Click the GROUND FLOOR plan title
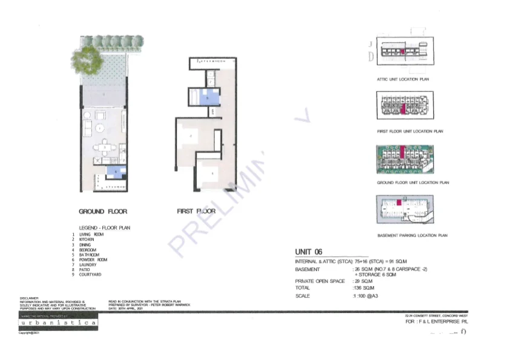tap(103, 211)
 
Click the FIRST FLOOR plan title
tap(196, 211)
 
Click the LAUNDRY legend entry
tap(88, 265)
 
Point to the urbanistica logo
tap(57, 323)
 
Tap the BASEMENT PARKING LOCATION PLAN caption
tap(412, 235)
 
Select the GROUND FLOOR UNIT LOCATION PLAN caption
tap(413, 182)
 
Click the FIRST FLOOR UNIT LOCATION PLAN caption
tap(410, 131)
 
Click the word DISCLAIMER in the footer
tap(29, 298)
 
